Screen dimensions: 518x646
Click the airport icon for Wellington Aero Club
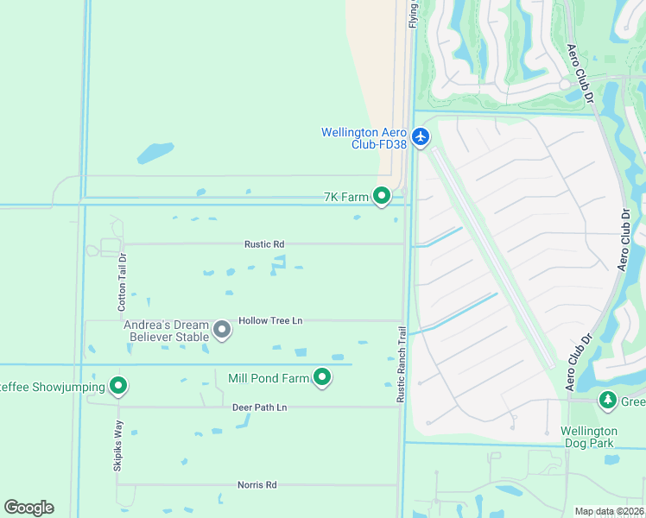pyautogui.click(x=421, y=136)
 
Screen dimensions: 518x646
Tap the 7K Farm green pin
pyautogui.click(x=382, y=197)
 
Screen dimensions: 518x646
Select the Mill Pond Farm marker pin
pyautogui.click(x=322, y=377)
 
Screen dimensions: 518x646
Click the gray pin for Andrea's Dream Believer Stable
pyautogui.click(x=222, y=330)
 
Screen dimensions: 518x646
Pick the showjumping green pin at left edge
pyautogui.click(x=118, y=386)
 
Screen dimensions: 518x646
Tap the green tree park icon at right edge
pyautogui.click(x=608, y=401)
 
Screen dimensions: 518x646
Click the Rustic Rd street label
pyautogui.click(x=265, y=244)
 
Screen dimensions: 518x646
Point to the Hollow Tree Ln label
pyautogui.click(x=270, y=320)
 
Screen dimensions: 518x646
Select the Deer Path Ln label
pyautogui.click(x=259, y=407)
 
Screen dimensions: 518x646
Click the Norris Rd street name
pyautogui.click(x=256, y=485)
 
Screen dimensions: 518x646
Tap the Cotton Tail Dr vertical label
pyautogui.click(x=123, y=281)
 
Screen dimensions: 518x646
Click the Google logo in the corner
pyautogui.click(x=28, y=507)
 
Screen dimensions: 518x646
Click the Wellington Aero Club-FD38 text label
pyautogui.click(x=364, y=138)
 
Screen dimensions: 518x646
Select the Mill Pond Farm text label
pyautogui.click(x=268, y=378)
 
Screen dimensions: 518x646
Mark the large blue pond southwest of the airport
pyautogui.click(x=155, y=154)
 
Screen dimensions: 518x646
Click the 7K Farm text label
pyautogui.click(x=345, y=197)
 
